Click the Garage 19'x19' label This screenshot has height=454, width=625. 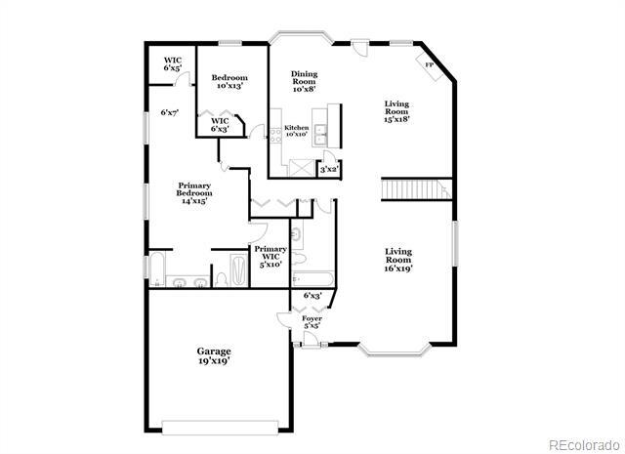click(x=214, y=354)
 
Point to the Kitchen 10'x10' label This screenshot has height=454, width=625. click(x=297, y=132)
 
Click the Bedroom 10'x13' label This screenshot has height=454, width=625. click(x=229, y=81)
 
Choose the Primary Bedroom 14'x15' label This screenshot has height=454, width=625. click(x=194, y=193)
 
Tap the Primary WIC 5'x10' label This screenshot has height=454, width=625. click(x=271, y=256)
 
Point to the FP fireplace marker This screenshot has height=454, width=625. click(x=429, y=64)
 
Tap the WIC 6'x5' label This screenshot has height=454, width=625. click(x=172, y=64)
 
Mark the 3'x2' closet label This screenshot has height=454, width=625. click(x=329, y=170)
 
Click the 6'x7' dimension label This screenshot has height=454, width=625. click(x=169, y=112)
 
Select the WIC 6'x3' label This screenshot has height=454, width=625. click(x=220, y=124)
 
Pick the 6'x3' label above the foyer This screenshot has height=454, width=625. click(x=312, y=295)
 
